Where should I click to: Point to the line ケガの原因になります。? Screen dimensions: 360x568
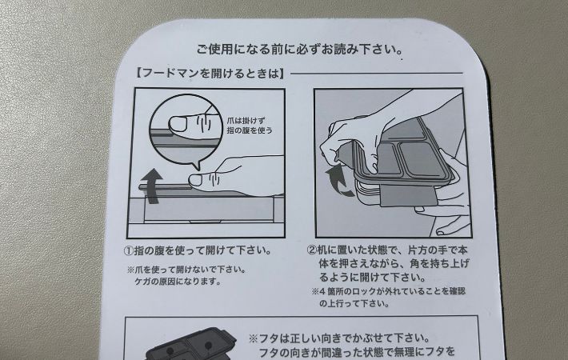pyautogui.click(x=180, y=282)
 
